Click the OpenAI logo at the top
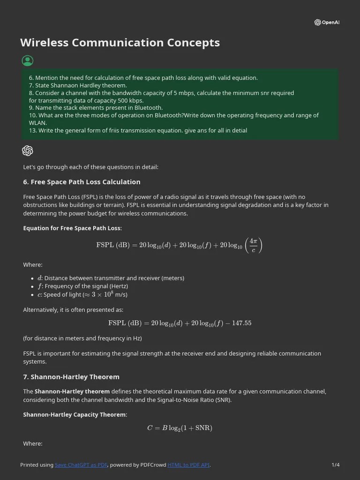327,22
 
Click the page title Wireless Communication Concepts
120,43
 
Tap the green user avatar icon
28,60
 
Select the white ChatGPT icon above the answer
28,150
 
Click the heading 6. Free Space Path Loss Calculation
82,182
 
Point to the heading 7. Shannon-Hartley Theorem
71,377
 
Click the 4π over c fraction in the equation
253,245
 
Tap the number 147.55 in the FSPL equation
241,323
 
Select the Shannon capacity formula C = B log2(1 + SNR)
180,428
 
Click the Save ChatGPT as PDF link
81,465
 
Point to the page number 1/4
335,465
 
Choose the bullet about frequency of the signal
83,286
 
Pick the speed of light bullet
82,295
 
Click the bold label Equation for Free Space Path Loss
72,228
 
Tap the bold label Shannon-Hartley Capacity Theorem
75,415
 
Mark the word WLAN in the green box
37,123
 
